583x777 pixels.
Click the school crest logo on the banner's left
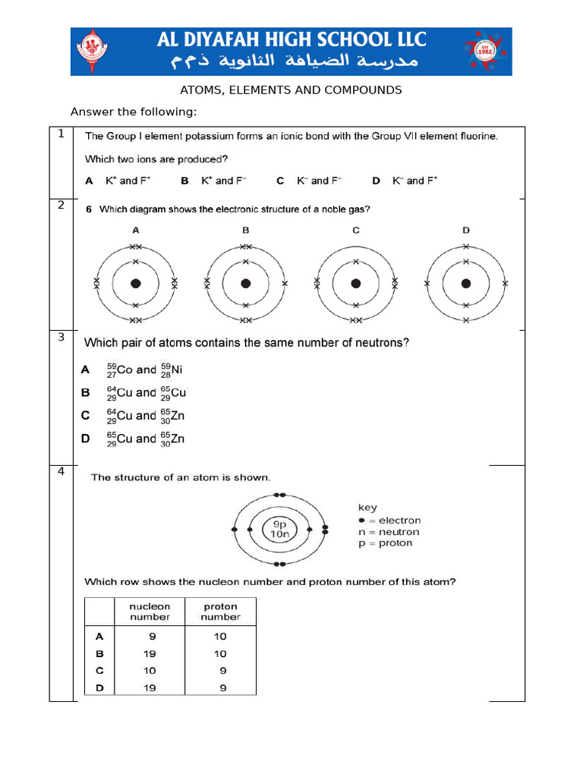(x=93, y=52)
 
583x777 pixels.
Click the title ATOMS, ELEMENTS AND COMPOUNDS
(x=291, y=90)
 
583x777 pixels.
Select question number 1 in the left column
(x=61, y=134)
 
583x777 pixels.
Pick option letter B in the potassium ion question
(x=184, y=181)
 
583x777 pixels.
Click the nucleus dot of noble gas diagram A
(x=136, y=284)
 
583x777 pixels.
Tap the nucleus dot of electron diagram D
(x=466, y=284)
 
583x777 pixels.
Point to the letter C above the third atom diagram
(x=355, y=230)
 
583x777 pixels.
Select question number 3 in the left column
(x=61, y=337)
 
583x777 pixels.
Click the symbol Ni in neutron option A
(x=177, y=370)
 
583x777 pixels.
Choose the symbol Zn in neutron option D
(x=177, y=439)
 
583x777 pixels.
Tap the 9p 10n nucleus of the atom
(x=279, y=529)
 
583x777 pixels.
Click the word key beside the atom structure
(x=367, y=508)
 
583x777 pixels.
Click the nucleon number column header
(x=150, y=612)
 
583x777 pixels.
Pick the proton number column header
(x=220, y=612)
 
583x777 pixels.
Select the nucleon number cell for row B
(x=150, y=653)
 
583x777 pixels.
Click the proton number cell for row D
(x=220, y=688)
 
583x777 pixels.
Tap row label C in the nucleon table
(x=99, y=671)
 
